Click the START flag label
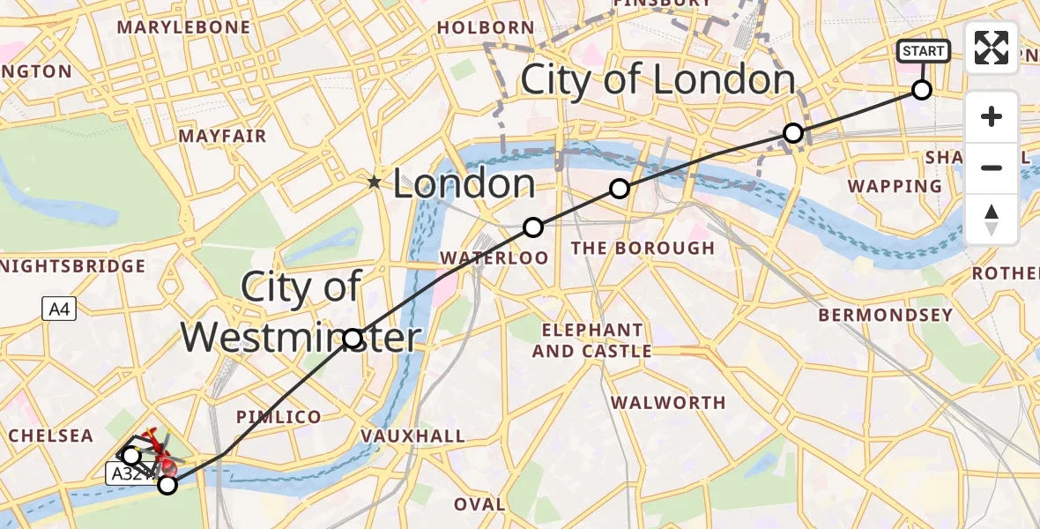coord(923,51)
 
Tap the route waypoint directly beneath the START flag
coord(921,90)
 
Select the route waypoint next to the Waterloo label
coord(532,227)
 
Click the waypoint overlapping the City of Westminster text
coord(353,339)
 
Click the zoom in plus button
coord(992,116)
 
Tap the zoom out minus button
coord(992,168)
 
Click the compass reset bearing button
coord(992,219)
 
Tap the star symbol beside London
coord(375,183)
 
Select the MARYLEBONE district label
coord(183,28)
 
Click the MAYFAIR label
coord(222,137)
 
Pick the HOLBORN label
coord(486,28)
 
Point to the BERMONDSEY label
coord(885,315)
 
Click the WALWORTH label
coord(669,403)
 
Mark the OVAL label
coord(479,504)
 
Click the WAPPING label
coord(895,187)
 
